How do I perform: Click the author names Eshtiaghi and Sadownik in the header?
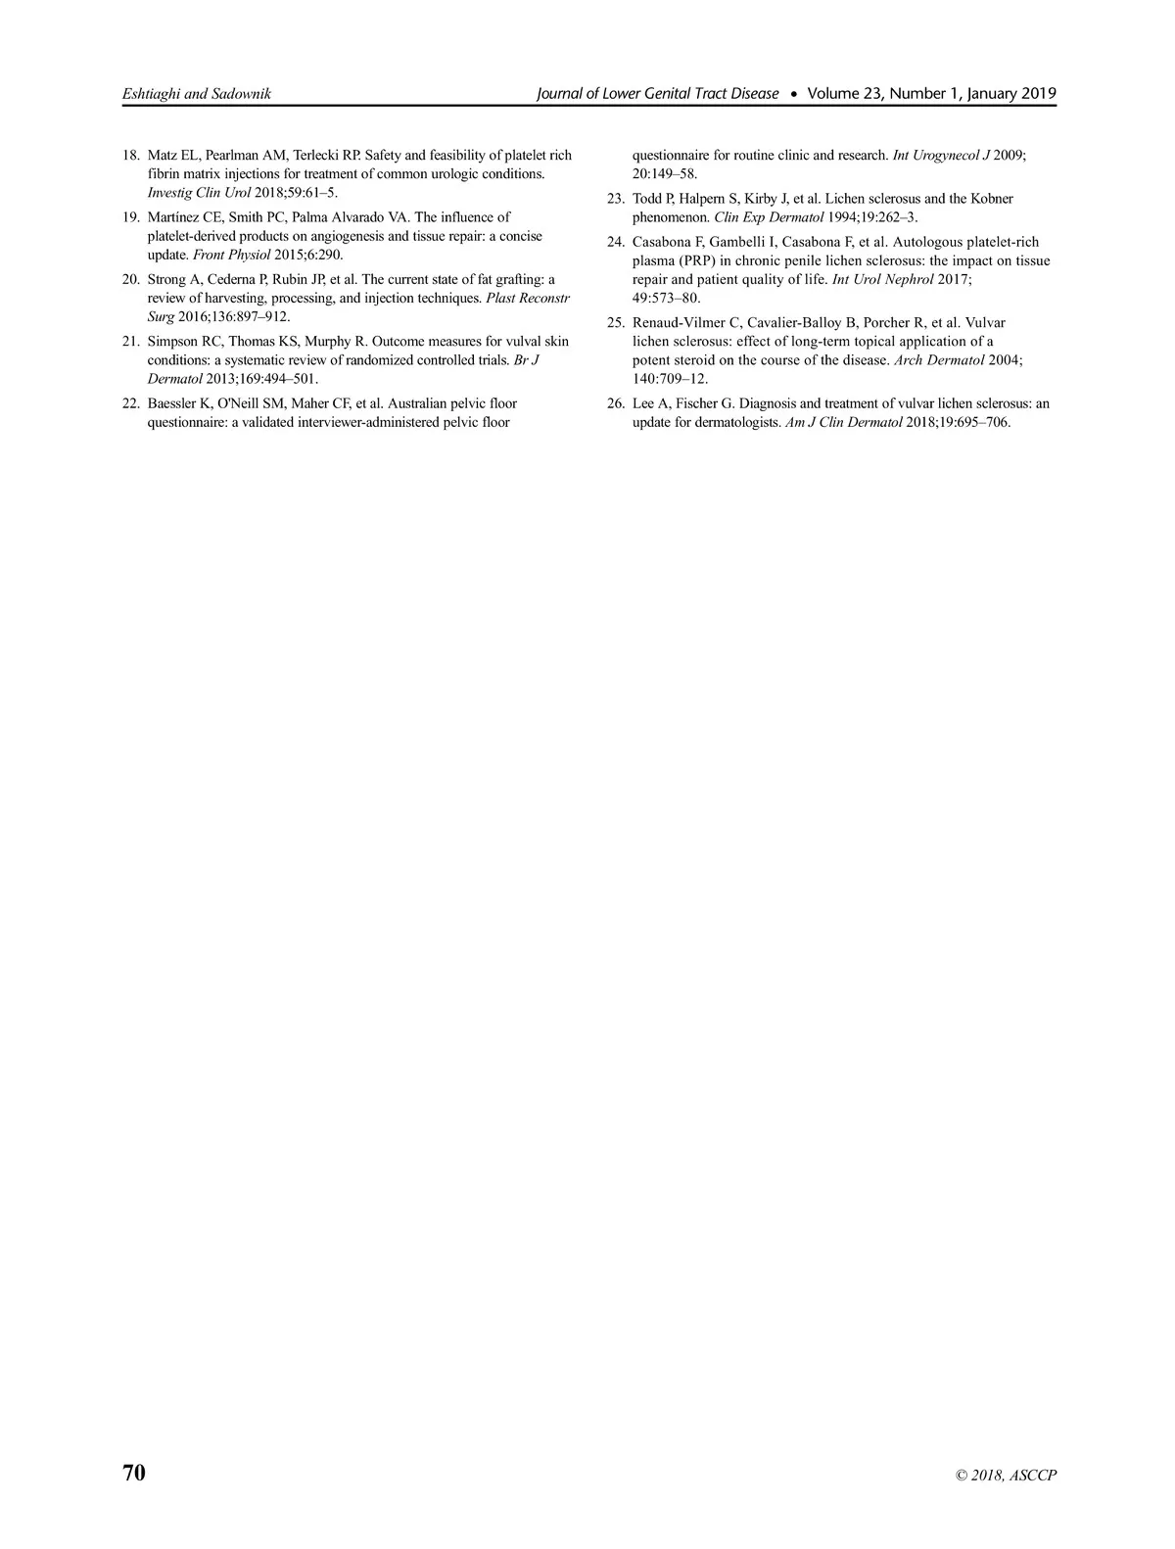[x=196, y=94]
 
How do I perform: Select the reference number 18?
[x=129, y=156]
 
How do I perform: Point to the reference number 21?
[x=129, y=342]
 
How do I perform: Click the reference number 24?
[x=615, y=242]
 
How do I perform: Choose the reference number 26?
[x=615, y=403]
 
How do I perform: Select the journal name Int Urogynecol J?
[x=941, y=156]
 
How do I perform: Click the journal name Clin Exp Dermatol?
[x=769, y=217]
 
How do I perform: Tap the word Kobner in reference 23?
[x=992, y=199]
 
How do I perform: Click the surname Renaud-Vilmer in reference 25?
[x=678, y=323]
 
